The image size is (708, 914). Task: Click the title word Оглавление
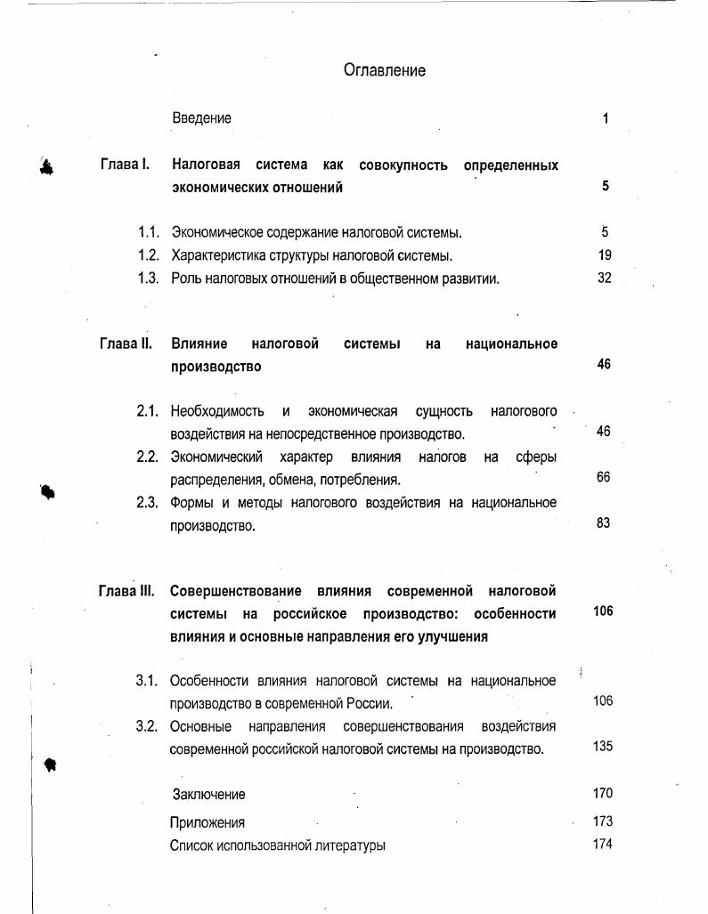(384, 70)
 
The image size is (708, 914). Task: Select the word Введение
(201, 118)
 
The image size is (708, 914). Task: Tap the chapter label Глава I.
(124, 166)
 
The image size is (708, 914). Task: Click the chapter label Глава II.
(126, 344)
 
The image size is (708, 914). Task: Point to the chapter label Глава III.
(126, 591)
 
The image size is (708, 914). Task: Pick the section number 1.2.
(148, 255)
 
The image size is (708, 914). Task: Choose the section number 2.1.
(147, 411)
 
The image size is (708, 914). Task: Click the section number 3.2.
(147, 726)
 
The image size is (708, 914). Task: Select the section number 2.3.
(147, 503)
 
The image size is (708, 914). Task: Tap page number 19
(604, 255)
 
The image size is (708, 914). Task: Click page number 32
(604, 278)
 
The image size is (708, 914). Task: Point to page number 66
(603, 478)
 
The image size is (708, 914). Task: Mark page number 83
(603, 523)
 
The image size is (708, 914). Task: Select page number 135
(602, 747)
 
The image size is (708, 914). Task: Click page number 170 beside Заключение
(602, 793)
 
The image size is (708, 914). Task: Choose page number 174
(602, 844)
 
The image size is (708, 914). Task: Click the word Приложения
(207, 822)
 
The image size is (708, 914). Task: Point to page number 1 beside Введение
(606, 118)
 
